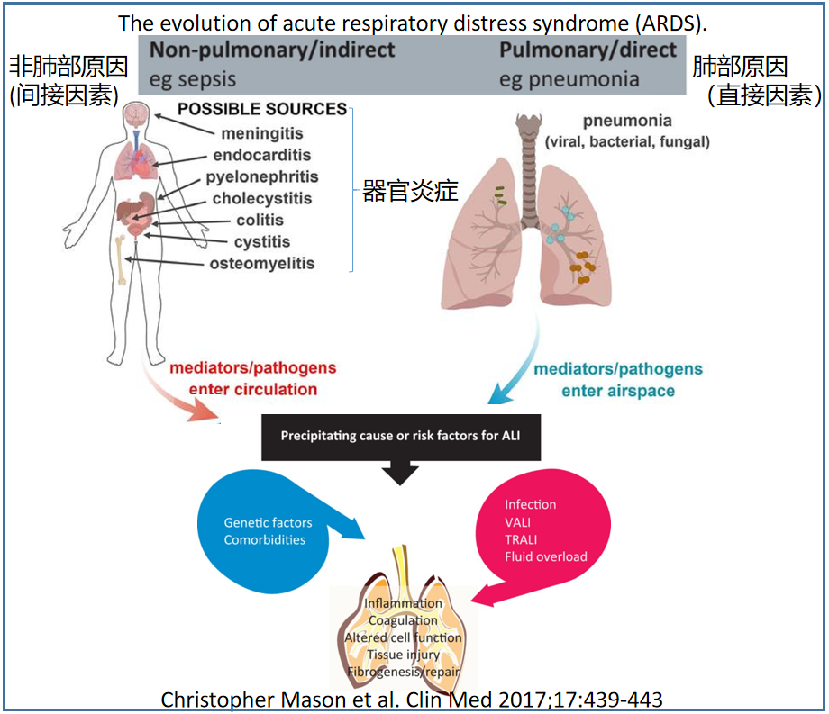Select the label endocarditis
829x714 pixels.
click(262, 156)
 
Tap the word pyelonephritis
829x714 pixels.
click(262, 177)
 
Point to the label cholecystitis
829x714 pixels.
click(262, 199)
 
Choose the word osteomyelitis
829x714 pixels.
click(262, 264)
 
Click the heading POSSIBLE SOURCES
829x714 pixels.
click(262, 110)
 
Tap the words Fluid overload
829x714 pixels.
click(546, 556)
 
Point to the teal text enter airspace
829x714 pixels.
click(617, 391)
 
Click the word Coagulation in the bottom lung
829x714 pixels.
click(403, 620)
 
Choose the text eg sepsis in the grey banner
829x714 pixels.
click(193, 79)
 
